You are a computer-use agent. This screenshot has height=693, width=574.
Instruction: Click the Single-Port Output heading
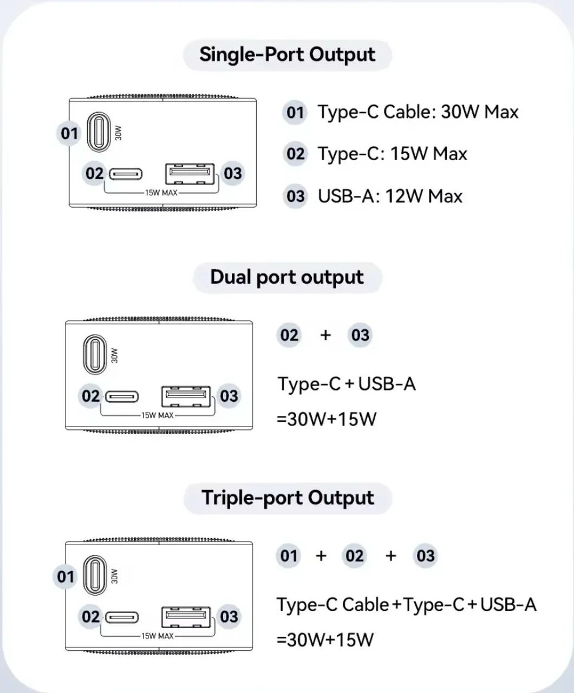tap(288, 55)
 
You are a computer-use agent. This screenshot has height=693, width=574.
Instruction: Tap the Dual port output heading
tap(287, 278)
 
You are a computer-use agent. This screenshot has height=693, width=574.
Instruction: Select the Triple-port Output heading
tap(288, 498)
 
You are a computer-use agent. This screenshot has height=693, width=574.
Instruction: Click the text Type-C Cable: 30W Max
tap(418, 112)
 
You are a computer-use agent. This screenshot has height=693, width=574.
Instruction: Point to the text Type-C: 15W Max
tap(393, 154)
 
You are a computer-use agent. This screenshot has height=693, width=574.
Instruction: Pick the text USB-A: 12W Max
tap(390, 196)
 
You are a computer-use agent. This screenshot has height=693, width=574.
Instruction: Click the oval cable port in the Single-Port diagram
tap(98, 132)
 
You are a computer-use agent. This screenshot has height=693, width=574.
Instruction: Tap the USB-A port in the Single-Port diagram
tap(190, 174)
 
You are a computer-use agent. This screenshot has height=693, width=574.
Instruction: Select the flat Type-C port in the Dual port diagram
tap(121, 397)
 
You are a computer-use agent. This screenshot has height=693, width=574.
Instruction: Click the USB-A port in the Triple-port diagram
tap(186, 617)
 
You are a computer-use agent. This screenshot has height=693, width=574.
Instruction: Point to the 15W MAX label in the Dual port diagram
tap(158, 415)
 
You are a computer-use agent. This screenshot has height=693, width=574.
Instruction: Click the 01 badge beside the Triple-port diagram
tap(66, 577)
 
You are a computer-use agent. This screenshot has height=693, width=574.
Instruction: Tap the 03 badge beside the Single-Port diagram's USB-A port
tap(233, 173)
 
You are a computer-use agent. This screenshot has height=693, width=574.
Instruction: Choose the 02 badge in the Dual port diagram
tap(90, 396)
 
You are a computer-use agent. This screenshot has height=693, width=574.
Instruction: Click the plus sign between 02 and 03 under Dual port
tap(325, 335)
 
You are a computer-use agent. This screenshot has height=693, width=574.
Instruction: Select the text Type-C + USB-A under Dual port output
tap(347, 384)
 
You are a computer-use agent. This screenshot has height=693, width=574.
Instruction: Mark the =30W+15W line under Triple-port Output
tap(325, 640)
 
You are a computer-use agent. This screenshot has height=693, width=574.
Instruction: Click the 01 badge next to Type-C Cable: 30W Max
tap(295, 113)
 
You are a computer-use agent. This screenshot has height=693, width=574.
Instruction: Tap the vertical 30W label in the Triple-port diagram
tap(114, 577)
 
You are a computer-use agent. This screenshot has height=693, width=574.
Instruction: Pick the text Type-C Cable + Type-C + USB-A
tap(407, 604)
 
